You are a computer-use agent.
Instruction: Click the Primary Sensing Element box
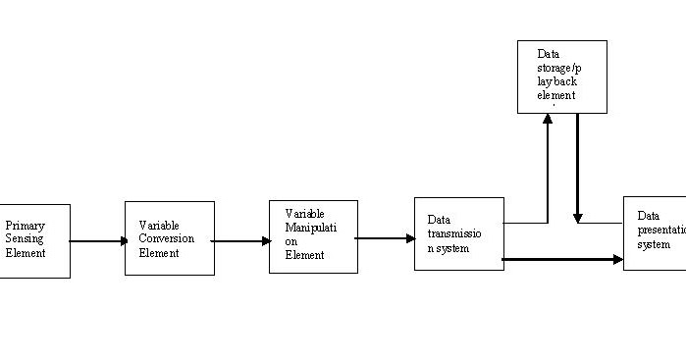(35, 240)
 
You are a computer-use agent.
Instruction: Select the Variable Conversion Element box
(169, 238)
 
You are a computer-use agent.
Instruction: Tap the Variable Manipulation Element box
(313, 236)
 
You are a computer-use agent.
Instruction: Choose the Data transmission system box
(459, 233)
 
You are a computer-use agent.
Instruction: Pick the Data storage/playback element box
(561, 77)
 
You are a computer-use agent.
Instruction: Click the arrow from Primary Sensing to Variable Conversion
(97, 240)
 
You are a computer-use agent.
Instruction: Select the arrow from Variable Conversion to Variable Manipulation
(241, 240)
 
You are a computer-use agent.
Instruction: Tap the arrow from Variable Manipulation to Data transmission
(386, 237)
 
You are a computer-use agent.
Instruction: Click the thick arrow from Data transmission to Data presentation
(563, 260)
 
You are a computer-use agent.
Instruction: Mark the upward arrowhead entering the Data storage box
(548, 120)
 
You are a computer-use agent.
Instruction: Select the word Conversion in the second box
(167, 238)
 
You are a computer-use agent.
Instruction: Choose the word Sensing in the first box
(26, 238)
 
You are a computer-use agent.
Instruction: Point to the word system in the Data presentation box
(654, 244)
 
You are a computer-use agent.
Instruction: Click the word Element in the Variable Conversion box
(159, 253)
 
